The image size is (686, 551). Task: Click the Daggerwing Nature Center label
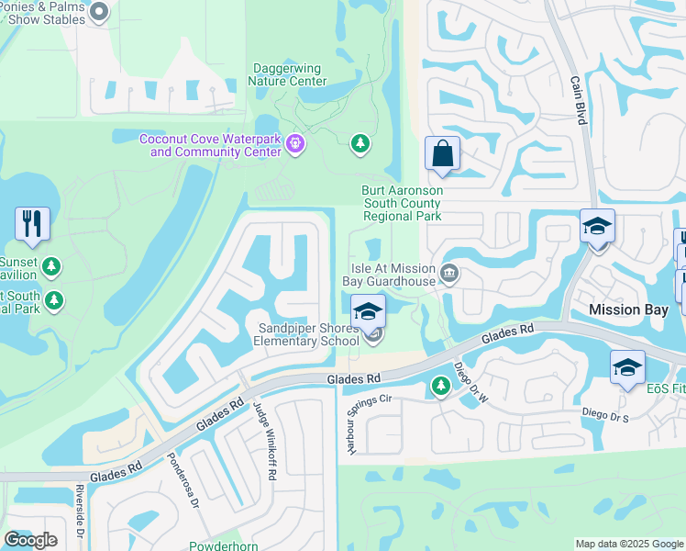click(x=287, y=74)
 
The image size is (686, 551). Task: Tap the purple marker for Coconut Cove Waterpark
click(x=295, y=143)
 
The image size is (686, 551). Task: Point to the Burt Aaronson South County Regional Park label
click(x=403, y=203)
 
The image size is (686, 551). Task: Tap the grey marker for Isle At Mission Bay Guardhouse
click(x=449, y=273)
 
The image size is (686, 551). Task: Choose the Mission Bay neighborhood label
click(x=628, y=309)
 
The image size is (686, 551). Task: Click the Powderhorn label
click(x=225, y=545)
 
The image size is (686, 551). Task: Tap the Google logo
click(x=31, y=539)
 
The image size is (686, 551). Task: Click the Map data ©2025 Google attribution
click(x=628, y=544)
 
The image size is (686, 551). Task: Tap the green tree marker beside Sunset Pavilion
click(x=52, y=267)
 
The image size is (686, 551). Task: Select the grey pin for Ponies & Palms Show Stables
click(x=100, y=13)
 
